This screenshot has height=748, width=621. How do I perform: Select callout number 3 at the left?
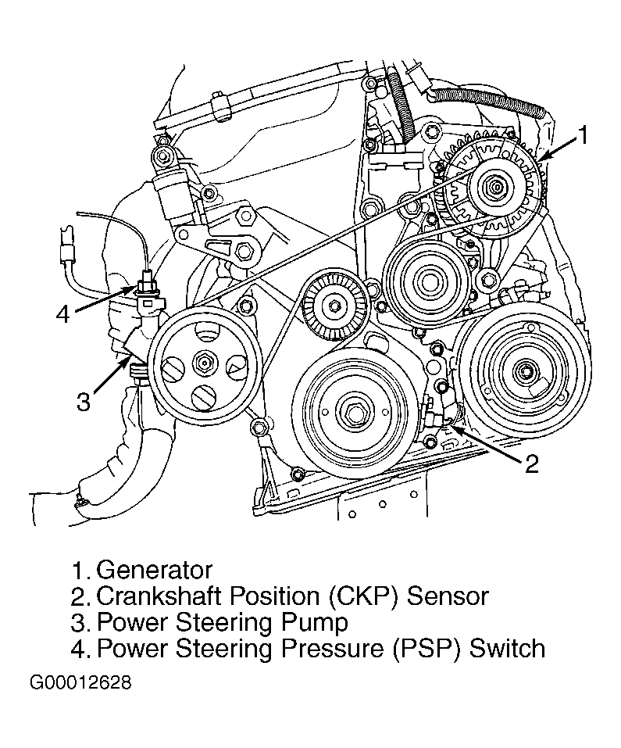coord(84,401)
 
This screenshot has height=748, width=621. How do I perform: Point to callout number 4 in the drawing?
coord(63,314)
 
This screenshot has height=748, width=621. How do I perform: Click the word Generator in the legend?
coord(155,570)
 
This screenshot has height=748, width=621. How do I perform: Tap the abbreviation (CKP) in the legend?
coord(362,596)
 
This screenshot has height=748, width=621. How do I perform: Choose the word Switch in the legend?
coord(507,648)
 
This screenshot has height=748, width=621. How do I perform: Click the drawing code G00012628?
coord(80,682)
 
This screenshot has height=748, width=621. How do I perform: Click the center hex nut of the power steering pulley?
coord(204,363)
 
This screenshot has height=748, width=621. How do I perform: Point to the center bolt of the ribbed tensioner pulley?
coord(333,305)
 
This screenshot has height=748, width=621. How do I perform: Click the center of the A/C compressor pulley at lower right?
coord(524,370)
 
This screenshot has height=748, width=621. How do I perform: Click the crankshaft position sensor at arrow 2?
coord(436,410)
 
